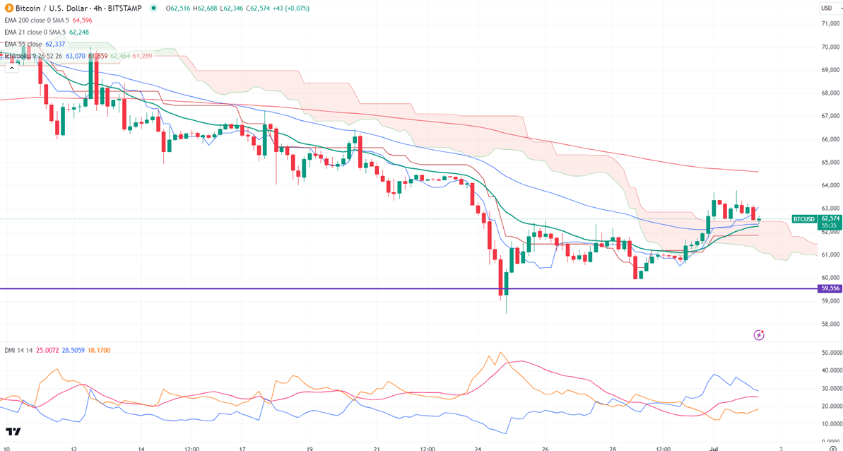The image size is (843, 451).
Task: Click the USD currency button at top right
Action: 826,8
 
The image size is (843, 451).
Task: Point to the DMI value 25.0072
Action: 45,350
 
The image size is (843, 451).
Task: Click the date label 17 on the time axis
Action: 242,447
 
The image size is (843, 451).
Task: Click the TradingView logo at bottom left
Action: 13,432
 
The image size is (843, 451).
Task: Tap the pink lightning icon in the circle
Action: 759,334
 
